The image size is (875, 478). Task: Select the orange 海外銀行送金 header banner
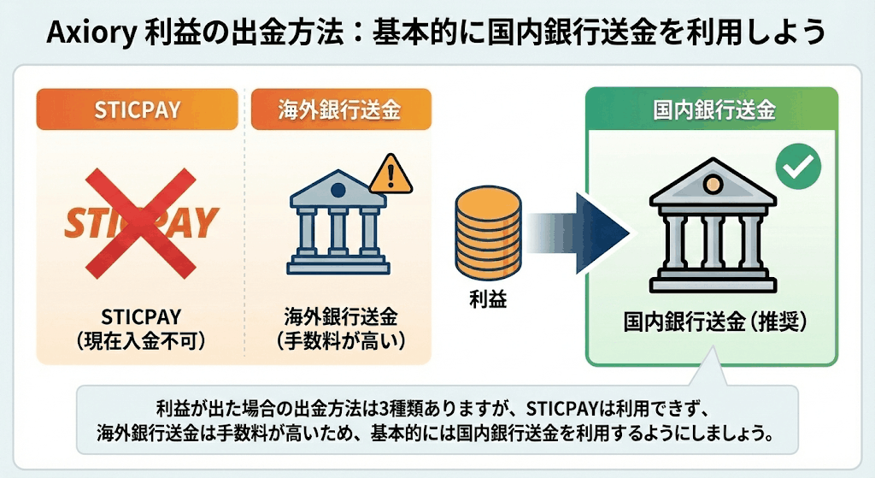point(341,109)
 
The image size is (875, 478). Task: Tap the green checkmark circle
point(798,167)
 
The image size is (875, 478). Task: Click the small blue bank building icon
point(339,224)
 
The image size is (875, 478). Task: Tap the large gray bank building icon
point(712,228)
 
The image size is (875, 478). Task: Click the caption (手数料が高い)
point(341,339)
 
